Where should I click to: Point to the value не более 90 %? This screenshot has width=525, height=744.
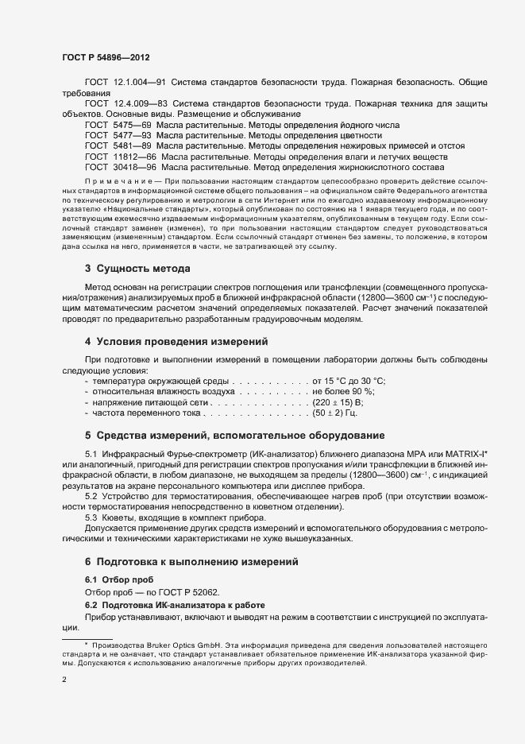point(343,392)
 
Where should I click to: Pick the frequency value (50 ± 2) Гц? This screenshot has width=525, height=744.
point(335,413)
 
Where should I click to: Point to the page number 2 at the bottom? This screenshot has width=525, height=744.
point(64,680)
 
